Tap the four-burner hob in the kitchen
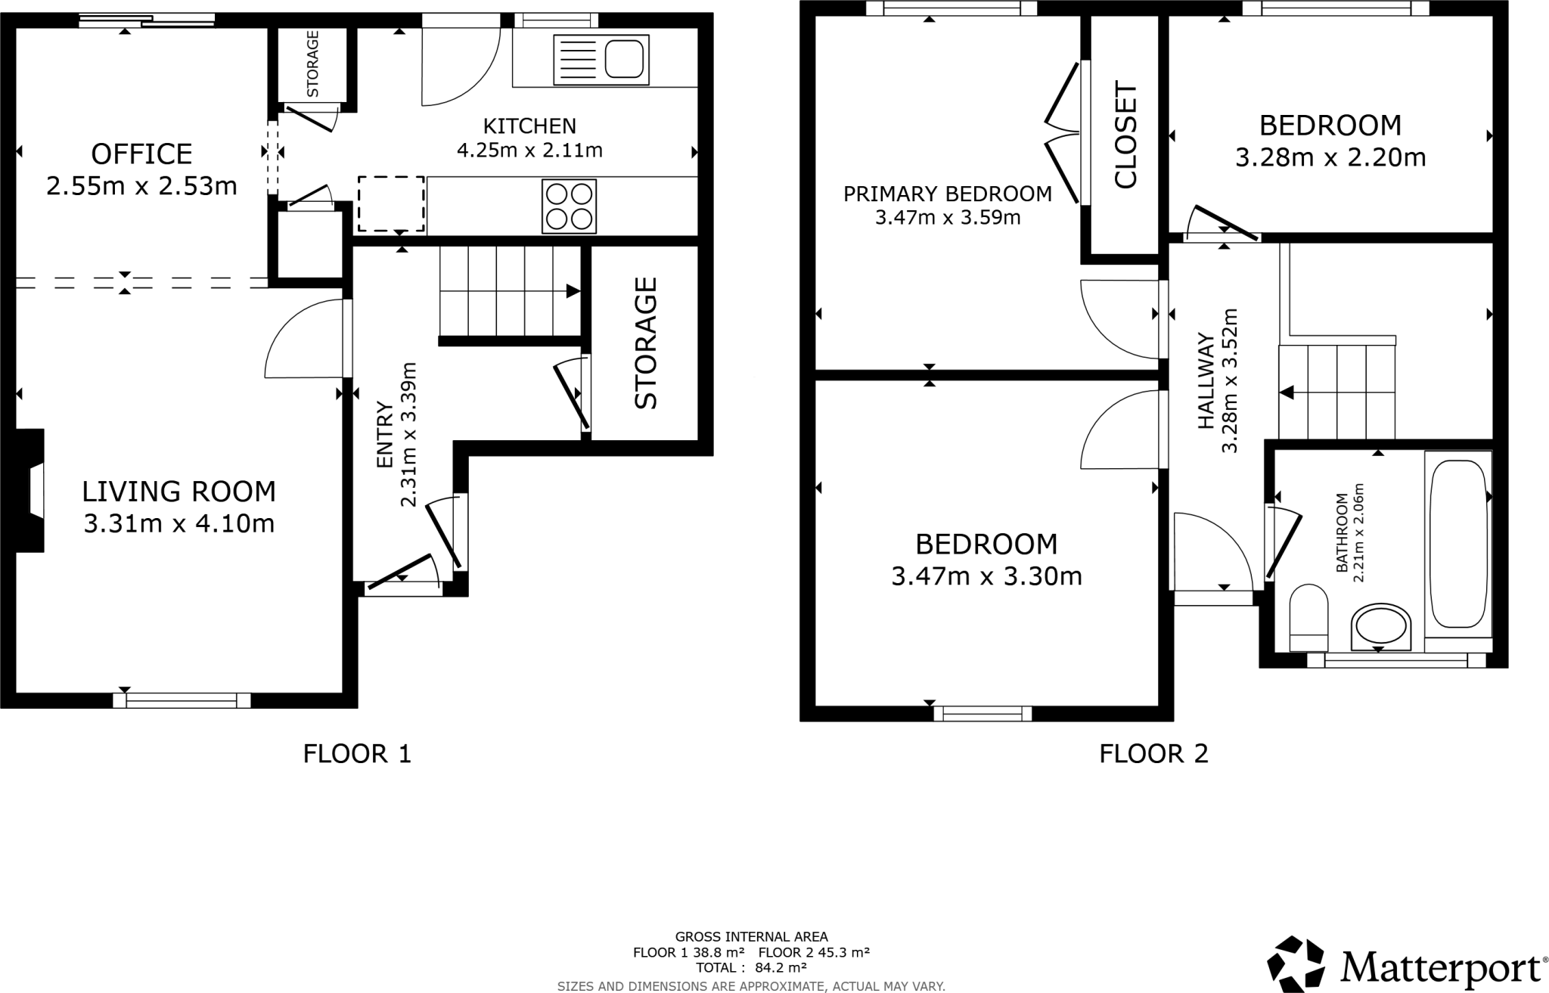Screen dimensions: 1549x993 coord(570,206)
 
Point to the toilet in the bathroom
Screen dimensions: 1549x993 coord(1308,617)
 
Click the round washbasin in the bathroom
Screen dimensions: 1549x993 coord(1382,626)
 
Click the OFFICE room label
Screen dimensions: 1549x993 coord(141,154)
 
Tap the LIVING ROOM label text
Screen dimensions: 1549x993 coord(178,492)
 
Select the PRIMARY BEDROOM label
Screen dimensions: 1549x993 coord(948,194)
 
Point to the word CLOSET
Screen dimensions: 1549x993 coord(1125,135)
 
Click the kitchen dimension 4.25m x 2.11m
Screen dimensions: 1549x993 coord(529,151)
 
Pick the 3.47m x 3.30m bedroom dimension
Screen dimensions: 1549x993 coord(986,577)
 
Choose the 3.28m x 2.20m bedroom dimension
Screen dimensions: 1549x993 coord(1330,157)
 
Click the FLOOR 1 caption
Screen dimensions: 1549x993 coord(357,754)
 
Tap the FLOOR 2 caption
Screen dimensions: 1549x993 coord(1153,754)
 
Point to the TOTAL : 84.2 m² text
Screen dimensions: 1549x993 coord(751,967)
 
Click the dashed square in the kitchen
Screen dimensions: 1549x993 coord(390,203)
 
